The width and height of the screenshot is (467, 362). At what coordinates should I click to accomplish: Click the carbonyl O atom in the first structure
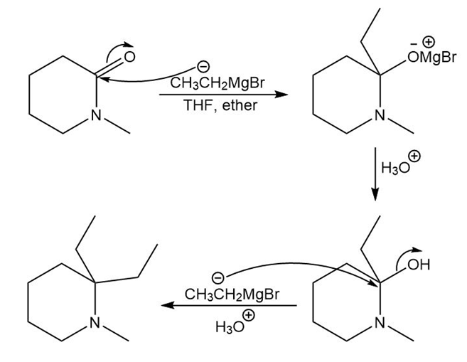129,55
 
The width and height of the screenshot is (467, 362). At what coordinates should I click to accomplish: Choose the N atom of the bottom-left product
95,324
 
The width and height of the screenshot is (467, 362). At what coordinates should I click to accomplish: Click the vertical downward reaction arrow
375,178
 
